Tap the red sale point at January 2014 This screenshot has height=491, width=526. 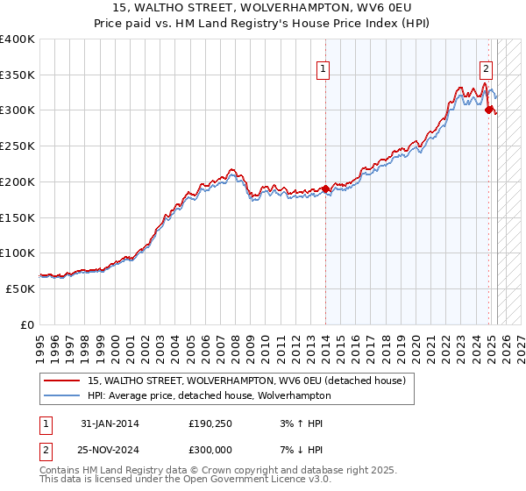[325, 189]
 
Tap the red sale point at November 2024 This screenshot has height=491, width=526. [489, 109]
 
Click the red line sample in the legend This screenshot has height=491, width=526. [61, 381]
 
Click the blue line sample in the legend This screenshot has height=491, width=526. [61, 396]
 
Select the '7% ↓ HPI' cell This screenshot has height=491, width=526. [299, 448]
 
